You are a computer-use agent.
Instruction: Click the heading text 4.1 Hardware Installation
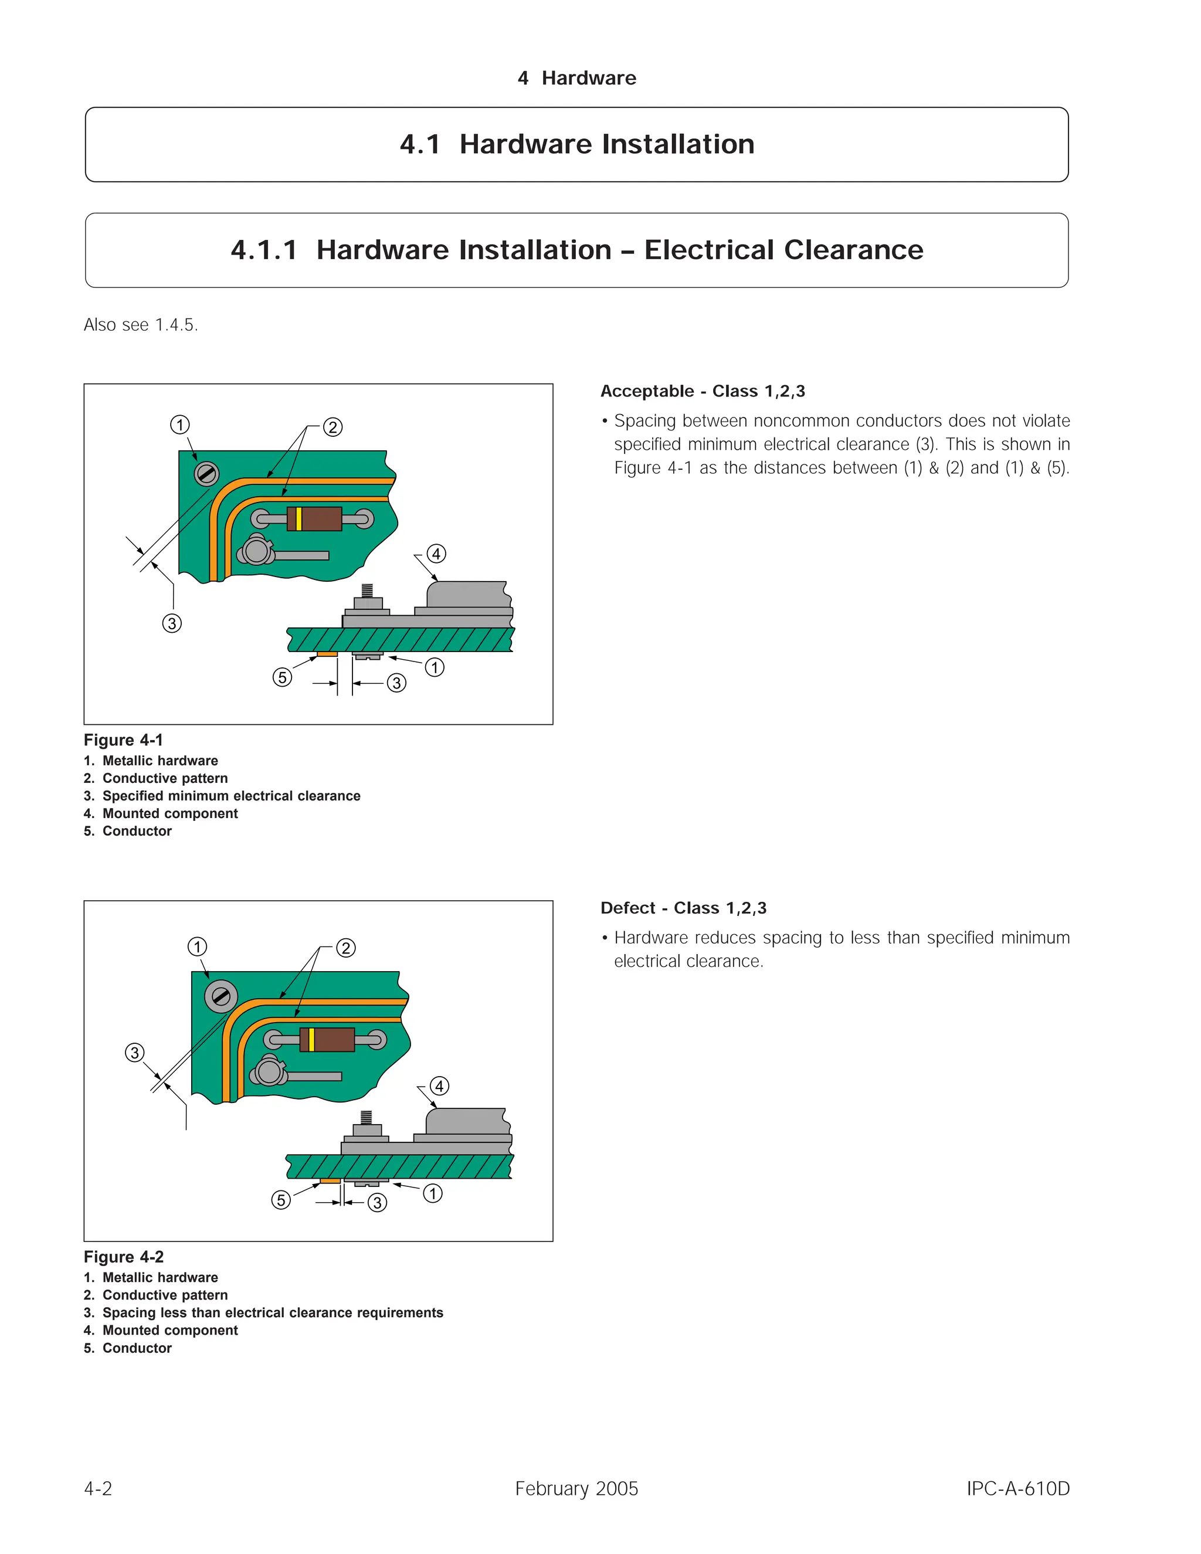coord(576,144)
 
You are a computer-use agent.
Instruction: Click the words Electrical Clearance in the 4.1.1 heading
coord(783,250)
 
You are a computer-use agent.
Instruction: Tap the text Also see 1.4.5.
coord(141,325)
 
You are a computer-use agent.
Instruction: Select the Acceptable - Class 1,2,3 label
coord(702,391)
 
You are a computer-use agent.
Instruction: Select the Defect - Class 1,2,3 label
coord(683,908)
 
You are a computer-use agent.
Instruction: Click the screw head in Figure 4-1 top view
coord(207,473)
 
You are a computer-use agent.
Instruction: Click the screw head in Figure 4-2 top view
coord(220,996)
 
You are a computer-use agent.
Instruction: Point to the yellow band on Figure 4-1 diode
coord(299,519)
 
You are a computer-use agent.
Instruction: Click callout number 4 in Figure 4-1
coord(436,554)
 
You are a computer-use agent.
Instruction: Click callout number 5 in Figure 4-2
coord(281,1200)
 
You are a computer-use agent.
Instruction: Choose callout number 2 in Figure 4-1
coord(333,427)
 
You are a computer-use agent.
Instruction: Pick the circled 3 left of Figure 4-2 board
coord(134,1053)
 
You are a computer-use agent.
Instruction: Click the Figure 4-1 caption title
coord(123,740)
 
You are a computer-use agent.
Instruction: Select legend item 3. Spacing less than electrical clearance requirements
coord(263,1313)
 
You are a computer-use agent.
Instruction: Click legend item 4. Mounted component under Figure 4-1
coord(161,813)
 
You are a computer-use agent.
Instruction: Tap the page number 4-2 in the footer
coord(98,1488)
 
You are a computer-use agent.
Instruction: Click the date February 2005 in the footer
coord(576,1488)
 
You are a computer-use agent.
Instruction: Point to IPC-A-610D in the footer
coord(1017,1488)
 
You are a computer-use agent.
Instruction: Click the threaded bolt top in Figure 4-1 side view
coord(367,590)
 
